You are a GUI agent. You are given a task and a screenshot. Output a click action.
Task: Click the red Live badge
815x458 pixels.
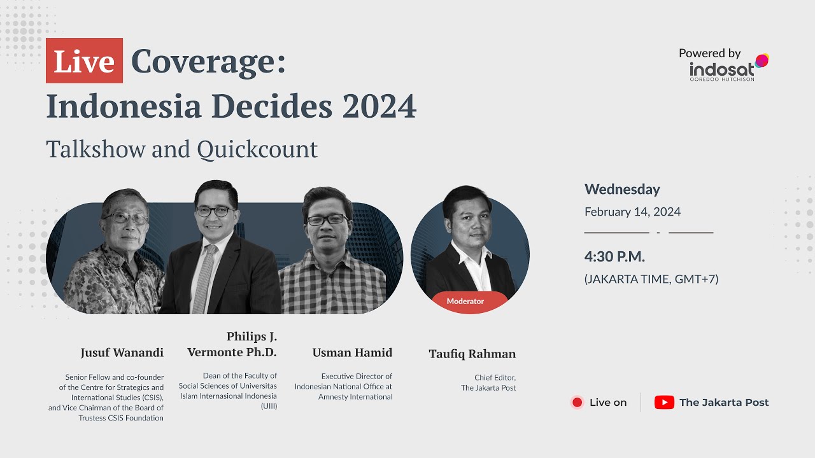pyautogui.click(x=84, y=61)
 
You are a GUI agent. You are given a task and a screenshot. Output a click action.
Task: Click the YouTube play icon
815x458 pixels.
pyautogui.click(x=664, y=402)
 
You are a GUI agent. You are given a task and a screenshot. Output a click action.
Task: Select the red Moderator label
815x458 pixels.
pyautogui.click(x=465, y=302)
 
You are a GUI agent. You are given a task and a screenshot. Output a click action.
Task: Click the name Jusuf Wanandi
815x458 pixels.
pyautogui.click(x=122, y=352)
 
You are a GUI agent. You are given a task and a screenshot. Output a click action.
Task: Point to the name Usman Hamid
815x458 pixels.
pyautogui.click(x=352, y=352)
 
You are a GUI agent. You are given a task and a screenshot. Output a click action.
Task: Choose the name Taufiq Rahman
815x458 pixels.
pyautogui.click(x=472, y=354)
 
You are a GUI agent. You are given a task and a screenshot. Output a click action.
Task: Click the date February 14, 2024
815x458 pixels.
pyautogui.click(x=632, y=212)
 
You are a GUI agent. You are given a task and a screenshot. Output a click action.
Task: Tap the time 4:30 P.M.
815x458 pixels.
pyautogui.click(x=614, y=257)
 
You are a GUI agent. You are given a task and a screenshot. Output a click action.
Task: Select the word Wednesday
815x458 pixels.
pyautogui.click(x=622, y=189)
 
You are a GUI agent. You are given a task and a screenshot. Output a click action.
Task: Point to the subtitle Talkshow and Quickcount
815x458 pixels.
pyautogui.click(x=181, y=149)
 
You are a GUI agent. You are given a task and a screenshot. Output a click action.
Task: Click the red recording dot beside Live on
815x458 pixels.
pyautogui.click(x=577, y=402)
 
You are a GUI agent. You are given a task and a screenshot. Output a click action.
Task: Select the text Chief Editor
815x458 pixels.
pyautogui.click(x=495, y=377)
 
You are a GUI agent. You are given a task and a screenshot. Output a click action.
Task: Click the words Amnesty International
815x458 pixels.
pyautogui.click(x=355, y=396)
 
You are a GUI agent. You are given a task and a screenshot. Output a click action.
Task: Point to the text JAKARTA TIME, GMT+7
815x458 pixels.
pyautogui.click(x=651, y=279)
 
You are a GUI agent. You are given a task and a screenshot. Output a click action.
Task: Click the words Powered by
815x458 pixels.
pyautogui.click(x=709, y=53)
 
